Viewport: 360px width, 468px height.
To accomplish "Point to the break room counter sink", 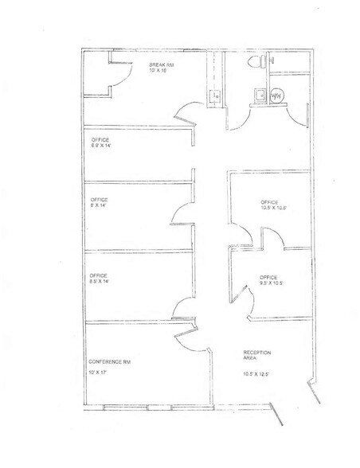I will (x=215, y=97).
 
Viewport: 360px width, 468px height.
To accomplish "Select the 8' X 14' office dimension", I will (x=100, y=206).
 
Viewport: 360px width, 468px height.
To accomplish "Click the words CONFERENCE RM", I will (x=109, y=362).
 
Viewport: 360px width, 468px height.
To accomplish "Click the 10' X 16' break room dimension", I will (x=161, y=71).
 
